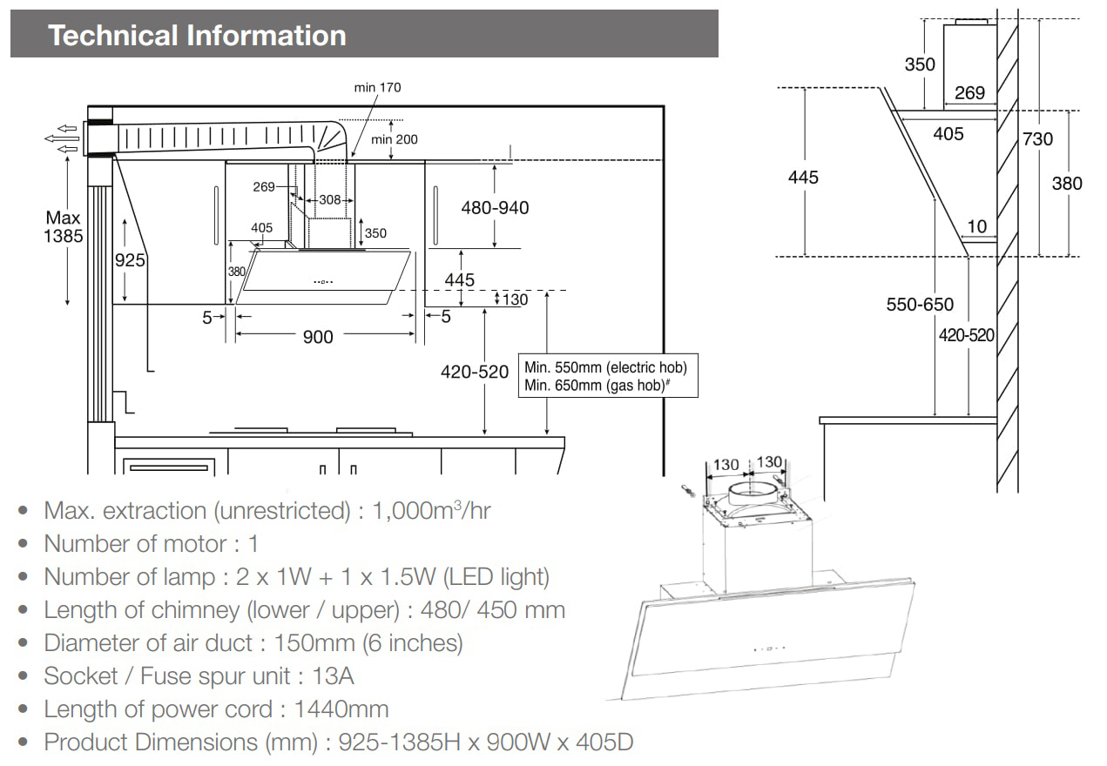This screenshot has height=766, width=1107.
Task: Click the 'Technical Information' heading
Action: click(198, 36)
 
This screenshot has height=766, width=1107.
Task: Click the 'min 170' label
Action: click(377, 88)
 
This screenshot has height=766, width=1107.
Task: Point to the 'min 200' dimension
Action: click(395, 139)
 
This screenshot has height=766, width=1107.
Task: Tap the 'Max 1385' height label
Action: click(64, 226)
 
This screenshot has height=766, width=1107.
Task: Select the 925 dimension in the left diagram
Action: click(130, 259)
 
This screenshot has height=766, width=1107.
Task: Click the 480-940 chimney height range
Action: click(495, 208)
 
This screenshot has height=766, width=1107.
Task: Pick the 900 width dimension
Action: click(318, 336)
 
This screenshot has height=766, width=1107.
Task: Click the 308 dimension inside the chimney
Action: click(330, 199)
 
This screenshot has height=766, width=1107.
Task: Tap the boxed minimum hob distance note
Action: click(611, 376)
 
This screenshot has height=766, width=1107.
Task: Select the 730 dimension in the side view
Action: click(1037, 138)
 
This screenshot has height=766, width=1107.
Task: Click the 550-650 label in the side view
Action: click(921, 305)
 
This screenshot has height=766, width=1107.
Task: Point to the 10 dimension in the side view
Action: click(977, 226)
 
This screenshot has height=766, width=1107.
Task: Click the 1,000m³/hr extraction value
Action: click(431, 510)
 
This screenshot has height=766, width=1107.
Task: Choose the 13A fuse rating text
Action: click(334, 675)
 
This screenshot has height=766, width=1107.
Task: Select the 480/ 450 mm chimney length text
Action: click(493, 609)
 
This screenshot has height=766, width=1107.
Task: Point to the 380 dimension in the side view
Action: click(1067, 183)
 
